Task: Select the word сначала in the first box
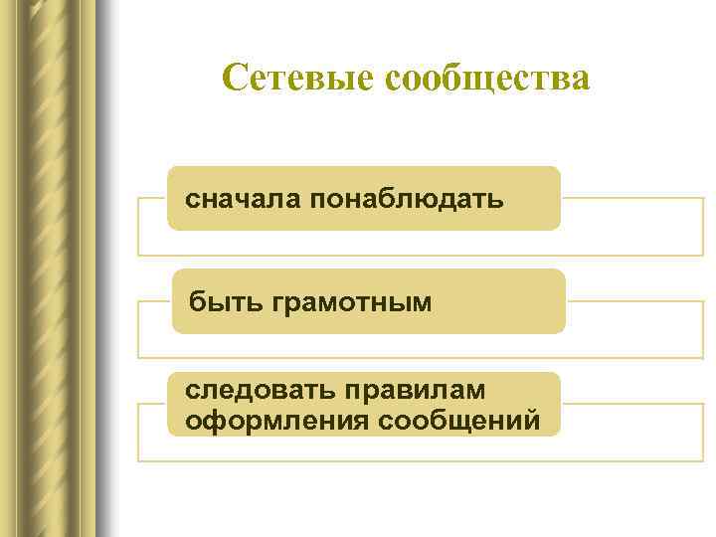pyautogui.click(x=244, y=200)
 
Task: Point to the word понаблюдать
pyautogui.click(x=407, y=200)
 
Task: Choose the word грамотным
pyautogui.click(x=351, y=301)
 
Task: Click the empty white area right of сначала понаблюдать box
pyautogui.click(x=631, y=227)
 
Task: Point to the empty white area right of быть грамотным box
pyautogui.click(x=636, y=329)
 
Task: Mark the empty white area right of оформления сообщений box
pyautogui.click(x=631, y=432)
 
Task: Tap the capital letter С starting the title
pyautogui.click(x=234, y=78)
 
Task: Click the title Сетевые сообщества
pyautogui.click(x=406, y=78)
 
